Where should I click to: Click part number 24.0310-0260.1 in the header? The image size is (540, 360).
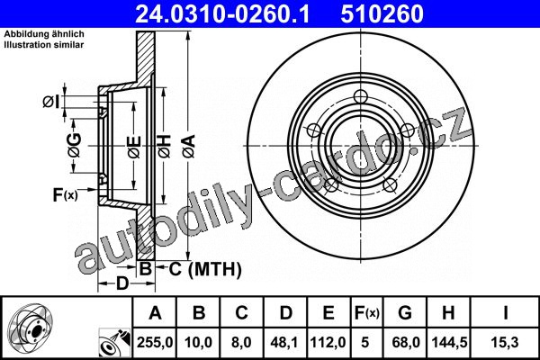[x=222, y=13]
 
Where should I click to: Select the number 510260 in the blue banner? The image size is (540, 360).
[x=382, y=13]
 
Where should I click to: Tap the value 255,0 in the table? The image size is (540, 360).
[x=155, y=342]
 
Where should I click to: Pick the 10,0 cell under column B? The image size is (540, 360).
[x=198, y=342]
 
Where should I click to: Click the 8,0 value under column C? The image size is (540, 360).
[x=241, y=342]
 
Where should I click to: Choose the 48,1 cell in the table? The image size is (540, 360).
[x=285, y=342]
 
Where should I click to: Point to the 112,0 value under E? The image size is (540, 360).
[x=328, y=342]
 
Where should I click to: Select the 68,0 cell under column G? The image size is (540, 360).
[x=406, y=342]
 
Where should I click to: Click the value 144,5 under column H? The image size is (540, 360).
[x=449, y=342]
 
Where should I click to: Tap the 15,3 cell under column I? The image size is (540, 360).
[x=506, y=342]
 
